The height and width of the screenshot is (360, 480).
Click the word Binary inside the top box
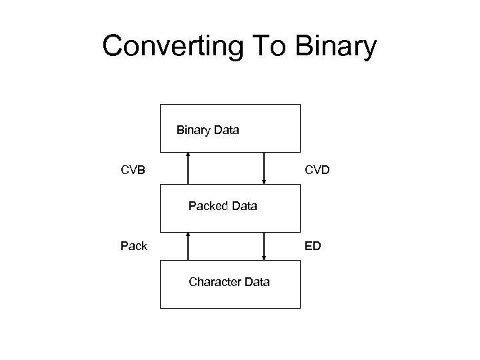click(193, 130)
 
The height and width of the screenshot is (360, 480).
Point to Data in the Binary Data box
click(226, 130)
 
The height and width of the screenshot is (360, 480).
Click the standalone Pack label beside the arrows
click(134, 246)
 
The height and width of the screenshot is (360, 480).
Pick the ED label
click(313, 246)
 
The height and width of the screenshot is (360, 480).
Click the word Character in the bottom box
click(215, 282)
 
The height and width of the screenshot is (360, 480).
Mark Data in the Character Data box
click(257, 282)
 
